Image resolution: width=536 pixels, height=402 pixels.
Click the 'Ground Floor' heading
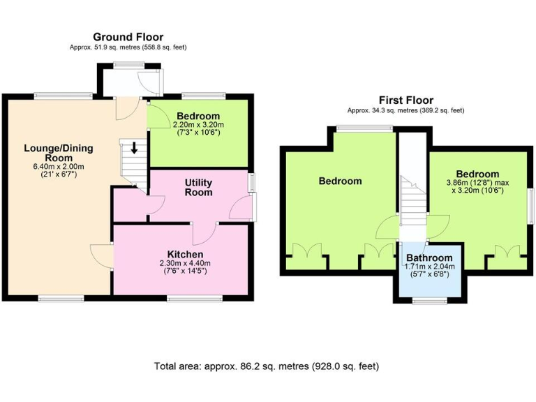point(128,37)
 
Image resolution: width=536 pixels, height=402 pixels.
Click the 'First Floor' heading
point(405,100)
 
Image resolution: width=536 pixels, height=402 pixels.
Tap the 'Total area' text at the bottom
point(267,366)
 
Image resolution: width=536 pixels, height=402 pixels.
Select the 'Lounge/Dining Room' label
point(58,153)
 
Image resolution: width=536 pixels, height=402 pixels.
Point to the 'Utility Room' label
point(198,188)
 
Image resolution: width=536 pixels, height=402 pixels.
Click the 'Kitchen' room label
point(185,253)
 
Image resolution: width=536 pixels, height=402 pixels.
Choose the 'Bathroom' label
point(430,258)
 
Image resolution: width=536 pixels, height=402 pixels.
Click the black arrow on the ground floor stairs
point(134,147)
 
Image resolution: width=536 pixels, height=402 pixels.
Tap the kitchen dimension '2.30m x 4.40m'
point(185,263)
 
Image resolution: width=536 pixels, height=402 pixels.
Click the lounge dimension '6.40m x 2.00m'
point(58,167)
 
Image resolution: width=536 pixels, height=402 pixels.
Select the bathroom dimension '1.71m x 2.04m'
point(430,267)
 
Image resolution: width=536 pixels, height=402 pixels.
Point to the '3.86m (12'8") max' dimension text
point(478,184)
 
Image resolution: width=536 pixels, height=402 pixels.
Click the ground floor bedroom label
point(198,116)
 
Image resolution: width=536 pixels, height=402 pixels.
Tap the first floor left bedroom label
point(340,181)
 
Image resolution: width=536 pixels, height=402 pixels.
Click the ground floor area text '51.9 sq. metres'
point(128,47)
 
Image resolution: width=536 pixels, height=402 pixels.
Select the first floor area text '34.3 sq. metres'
point(405,110)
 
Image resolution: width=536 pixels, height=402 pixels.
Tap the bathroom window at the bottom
point(430,301)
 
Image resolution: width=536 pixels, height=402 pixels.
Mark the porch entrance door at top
point(149,82)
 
